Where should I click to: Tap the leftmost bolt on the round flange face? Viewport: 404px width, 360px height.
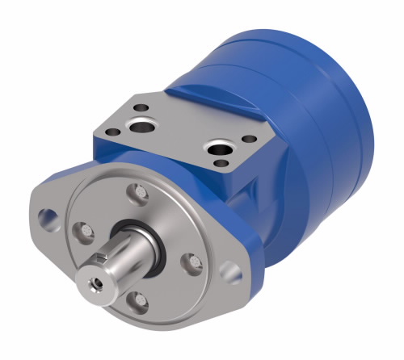(81, 232)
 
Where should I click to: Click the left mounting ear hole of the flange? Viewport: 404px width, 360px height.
(48, 216)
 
